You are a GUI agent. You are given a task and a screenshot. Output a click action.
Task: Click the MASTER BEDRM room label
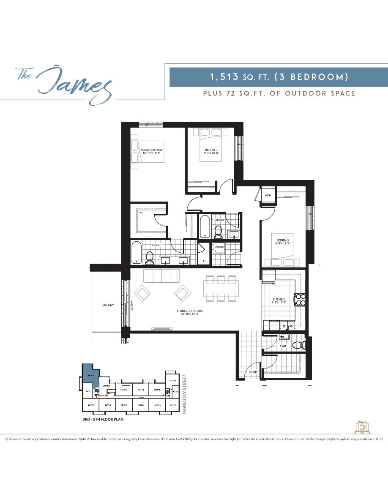[x=151, y=150]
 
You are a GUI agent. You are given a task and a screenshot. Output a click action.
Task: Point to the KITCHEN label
[x=279, y=299]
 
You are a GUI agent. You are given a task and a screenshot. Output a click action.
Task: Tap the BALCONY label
[x=107, y=305]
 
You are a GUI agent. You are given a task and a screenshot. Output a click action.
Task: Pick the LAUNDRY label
[x=219, y=247]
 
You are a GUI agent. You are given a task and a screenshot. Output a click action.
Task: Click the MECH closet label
[x=268, y=195]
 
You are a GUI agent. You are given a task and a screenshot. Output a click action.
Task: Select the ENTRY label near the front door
[x=253, y=372]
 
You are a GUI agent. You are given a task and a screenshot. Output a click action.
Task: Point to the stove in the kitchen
[x=300, y=299]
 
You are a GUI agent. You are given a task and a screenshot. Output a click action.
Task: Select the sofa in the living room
[x=161, y=276]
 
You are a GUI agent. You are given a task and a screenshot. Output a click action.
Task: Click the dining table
[x=220, y=288]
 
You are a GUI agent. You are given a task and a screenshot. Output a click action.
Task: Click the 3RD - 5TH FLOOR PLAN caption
[x=103, y=420]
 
